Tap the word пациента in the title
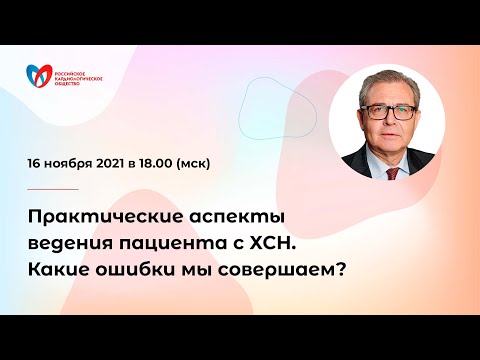(177, 243)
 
